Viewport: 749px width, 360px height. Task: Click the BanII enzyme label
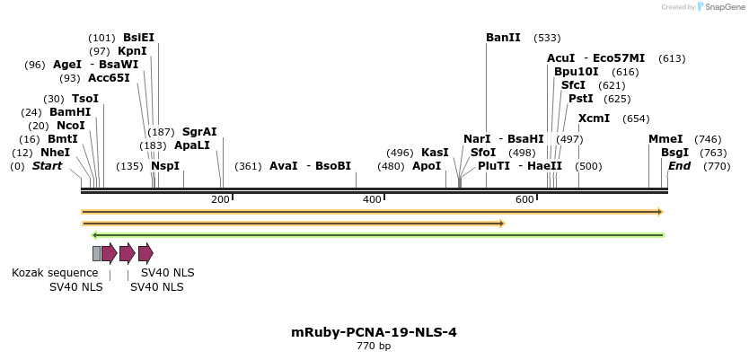tap(503, 38)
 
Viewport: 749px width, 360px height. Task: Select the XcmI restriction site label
tap(594, 119)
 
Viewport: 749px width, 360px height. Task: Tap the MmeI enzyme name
tap(665, 139)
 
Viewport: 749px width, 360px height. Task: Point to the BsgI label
tap(674, 153)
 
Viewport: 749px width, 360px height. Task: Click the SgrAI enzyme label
tap(199, 132)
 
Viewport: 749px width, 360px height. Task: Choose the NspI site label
tap(165, 166)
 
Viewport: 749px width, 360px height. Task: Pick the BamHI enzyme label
tap(70, 112)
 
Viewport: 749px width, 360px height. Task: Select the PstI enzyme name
tap(581, 99)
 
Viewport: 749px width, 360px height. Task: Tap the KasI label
tap(435, 153)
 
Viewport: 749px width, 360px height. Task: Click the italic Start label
tap(48, 166)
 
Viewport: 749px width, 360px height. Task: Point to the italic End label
tap(680, 166)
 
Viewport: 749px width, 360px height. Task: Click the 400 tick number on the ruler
tap(371, 199)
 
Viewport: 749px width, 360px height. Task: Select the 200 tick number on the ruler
tap(220, 199)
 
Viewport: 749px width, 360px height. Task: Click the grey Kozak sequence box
tap(96, 253)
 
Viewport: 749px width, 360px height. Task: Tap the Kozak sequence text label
tap(55, 273)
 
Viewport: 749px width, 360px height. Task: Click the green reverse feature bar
tap(377, 235)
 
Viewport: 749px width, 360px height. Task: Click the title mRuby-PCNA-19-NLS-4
tap(374, 332)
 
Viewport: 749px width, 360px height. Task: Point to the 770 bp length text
tap(374, 347)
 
